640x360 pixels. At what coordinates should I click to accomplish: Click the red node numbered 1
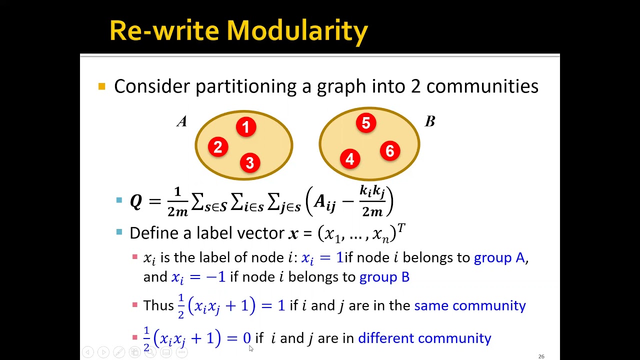(x=245, y=127)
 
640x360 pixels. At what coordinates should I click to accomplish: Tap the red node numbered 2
(x=217, y=147)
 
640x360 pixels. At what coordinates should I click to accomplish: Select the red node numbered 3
(x=250, y=162)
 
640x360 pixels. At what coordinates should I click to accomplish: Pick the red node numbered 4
(x=349, y=159)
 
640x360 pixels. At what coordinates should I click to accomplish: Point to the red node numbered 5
(x=366, y=123)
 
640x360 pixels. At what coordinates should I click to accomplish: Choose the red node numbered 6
(x=390, y=151)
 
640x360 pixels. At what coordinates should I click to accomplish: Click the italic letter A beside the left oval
(x=182, y=121)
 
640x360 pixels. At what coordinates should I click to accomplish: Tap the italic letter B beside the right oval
(x=430, y=121)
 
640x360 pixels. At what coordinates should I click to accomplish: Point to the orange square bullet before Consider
(x=102, y=86)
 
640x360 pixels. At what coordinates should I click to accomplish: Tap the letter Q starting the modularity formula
(x=135, y=201)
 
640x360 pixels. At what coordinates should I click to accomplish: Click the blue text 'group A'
(x=499, y=257)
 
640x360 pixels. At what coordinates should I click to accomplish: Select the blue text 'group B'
(x=384, y=276)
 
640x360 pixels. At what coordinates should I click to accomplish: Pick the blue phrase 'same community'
(x=470, y=305)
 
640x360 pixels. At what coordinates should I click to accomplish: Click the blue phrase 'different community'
(x=424, y=338)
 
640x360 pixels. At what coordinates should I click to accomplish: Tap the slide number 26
(x=541, y=356)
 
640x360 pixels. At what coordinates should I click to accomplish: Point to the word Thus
(x=158, y=305)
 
